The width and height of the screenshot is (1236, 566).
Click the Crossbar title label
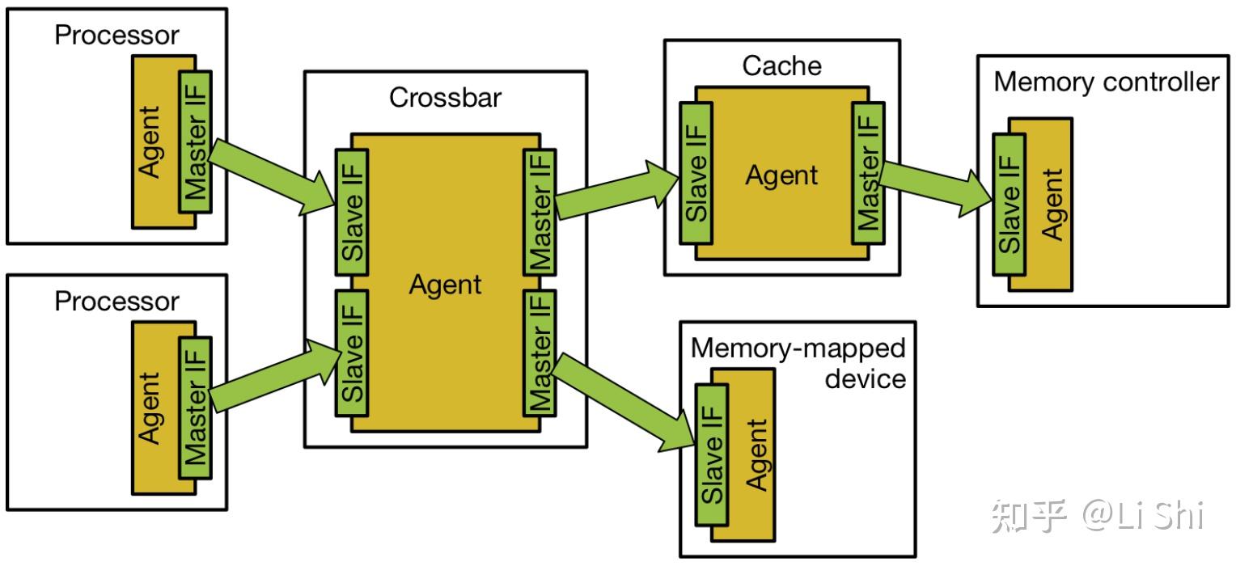point(445,98)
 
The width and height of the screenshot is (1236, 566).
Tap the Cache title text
point(782,65)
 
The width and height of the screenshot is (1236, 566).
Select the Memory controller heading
point(1107,82)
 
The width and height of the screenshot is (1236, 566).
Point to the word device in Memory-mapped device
point(866,379)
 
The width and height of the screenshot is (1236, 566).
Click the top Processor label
point(117,35)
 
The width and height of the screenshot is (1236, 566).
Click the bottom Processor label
point(117,302)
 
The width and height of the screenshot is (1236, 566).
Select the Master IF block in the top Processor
point(195,141)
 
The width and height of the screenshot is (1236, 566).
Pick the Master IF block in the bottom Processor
point(195,408)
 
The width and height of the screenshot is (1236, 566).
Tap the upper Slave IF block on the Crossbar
point(352,213)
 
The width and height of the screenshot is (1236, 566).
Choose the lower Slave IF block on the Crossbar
point(352,353)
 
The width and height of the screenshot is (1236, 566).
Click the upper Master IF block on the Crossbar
point(540,213)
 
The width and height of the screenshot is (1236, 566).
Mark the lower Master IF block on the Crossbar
point(540,353)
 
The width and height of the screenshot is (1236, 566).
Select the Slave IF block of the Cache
point(696,173)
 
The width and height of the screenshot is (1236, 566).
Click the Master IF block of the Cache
point(869,173)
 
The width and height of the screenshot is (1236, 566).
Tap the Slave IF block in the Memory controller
point(1010,205)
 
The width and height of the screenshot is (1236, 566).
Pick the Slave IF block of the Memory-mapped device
point(712,454)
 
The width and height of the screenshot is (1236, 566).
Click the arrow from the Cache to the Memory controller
point(936,188)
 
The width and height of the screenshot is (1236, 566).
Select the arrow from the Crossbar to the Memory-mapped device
point(622,403)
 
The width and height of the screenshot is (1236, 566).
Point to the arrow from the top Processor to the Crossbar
point(273,176)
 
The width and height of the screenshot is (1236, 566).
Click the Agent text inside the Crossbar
point(445,285)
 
